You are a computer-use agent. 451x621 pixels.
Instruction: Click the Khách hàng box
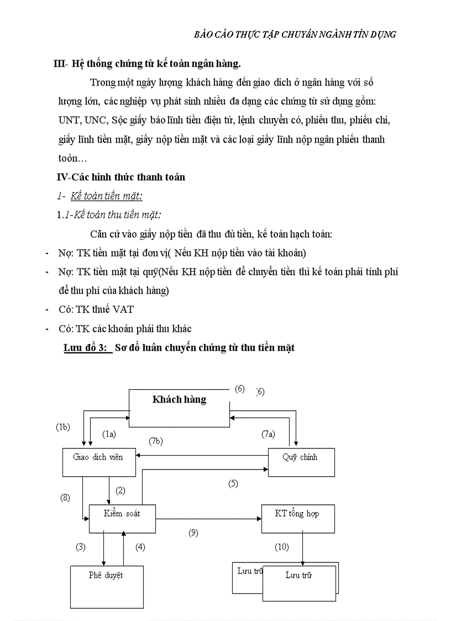coord(179,408)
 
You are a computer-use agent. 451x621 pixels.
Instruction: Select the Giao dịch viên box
coord(98,461)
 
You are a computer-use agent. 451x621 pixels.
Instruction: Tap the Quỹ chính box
coord(301,461)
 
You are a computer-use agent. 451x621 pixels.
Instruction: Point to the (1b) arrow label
coord(63,427)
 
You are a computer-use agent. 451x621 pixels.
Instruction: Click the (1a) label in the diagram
coord(109,434)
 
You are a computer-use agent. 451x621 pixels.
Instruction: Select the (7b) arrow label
coord(156,441)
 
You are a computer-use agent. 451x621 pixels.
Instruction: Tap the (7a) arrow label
coord(268,434)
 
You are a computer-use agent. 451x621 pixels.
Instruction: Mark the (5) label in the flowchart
coord(233,483)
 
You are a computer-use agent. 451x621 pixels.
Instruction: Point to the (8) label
coord(65,497)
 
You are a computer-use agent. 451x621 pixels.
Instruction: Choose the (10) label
coord(282,547)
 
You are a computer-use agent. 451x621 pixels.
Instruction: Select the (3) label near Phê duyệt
coord(81,547)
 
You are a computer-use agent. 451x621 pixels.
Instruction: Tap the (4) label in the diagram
coord(140,547)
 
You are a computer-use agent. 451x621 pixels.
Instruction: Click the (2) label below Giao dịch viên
coord(120,490)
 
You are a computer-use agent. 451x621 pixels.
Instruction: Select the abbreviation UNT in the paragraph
coord(69,119)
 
